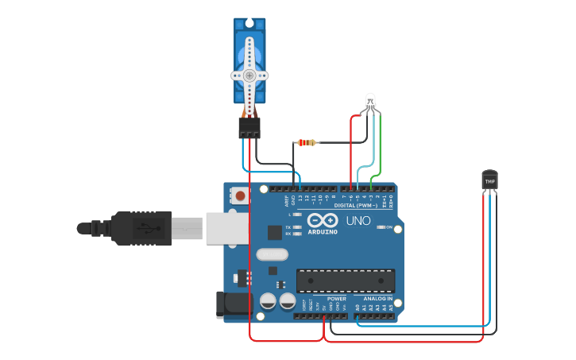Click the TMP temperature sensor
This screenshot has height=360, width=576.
tap(490, 180)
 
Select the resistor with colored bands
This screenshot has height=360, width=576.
tap(307, 143)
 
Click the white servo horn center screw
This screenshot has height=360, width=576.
tap(249, 75)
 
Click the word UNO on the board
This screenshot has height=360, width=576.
tap(358, 221)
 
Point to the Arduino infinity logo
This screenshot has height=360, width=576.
tap(323, 220)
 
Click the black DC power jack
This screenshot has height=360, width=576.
tap(230, 304)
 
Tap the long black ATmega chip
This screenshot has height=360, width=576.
tap(346, 281)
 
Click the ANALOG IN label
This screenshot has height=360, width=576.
tap(378, 299)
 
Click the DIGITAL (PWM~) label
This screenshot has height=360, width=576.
tap(356, 205)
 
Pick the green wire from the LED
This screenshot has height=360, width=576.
tap(381, 147)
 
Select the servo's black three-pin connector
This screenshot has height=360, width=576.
tap(249, 127)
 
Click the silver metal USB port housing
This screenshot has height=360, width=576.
tap(227, 228)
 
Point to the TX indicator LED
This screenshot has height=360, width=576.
tap(297, 227)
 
